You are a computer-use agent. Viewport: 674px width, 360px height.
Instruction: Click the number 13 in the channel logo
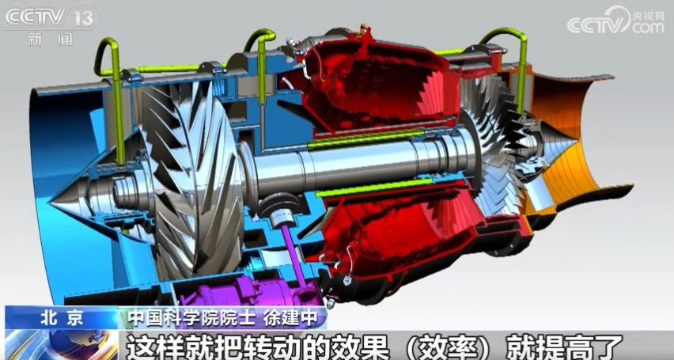click(83, 19)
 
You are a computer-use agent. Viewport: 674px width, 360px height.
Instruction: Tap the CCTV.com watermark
click(615, 21)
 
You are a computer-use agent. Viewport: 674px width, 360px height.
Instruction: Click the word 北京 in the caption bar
click(62, 318)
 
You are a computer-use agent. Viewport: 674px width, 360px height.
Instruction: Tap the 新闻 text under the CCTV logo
click(50, 40)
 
